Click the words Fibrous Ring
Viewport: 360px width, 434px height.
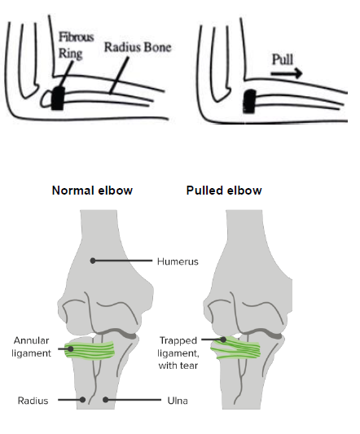pos(77,45)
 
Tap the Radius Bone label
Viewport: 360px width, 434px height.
pos(138,47)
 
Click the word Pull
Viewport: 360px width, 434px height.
pos(283,59)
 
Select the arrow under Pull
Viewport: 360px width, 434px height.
pos(287,73)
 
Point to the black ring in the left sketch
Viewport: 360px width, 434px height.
pos(58,99)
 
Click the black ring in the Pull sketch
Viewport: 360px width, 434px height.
pos(249,101)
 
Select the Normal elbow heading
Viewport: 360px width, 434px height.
pos(92,191)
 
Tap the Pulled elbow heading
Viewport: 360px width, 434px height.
pos(224,191)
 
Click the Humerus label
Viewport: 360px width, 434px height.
pos(178,261)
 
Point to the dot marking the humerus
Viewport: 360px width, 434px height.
pos(93,261)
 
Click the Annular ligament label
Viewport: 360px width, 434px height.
pos(31,347)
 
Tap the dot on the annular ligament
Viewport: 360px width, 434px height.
pos(71,349)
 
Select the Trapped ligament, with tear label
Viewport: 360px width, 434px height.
pos(178,353)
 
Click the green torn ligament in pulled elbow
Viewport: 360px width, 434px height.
pos(235,349)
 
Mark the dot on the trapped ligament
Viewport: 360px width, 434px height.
pos(223,340)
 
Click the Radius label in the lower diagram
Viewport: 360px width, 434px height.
pos(33,401)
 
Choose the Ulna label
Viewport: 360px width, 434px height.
pos(178,401)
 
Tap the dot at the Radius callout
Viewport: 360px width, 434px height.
pos(82,400)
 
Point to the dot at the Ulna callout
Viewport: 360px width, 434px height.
pos(105,400)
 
